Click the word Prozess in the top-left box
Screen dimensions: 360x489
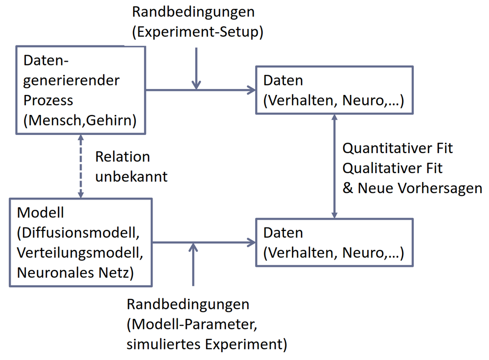pyautogui.click(x=48, y=100)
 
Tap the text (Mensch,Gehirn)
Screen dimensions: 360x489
pyautogui.click(x=80, y=120)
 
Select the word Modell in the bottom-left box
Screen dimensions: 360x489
pyautogui.click(x=41, y=213)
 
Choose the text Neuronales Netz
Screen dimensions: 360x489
pyautogui.click(x=75, y=272)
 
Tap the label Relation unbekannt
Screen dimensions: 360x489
pyautogui.click(x=131, y=166)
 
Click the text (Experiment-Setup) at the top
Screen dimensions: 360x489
pyautogui.click(x=198, y=32)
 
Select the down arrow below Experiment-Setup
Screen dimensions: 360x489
pyautogui.click(x=196, y=68)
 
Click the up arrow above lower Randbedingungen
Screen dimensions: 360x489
pyautogui.click(x=194, y=264)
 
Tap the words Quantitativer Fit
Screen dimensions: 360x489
pyautogui.click(x=398, y=148)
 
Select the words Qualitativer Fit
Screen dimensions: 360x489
pyautogui.click(x=393, y=168)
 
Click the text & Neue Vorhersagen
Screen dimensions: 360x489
pyautogui.click(x=412, y=188)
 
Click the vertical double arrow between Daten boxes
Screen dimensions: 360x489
pyautogui.click(x=334, y=166)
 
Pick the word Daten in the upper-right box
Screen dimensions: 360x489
pyautogui.click(x=283, y=81)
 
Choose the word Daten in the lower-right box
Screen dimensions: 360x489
pyautogui.click(x=283, y=232)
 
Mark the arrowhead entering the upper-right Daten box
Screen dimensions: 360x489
pyautogui.click(x=252, y=90)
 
